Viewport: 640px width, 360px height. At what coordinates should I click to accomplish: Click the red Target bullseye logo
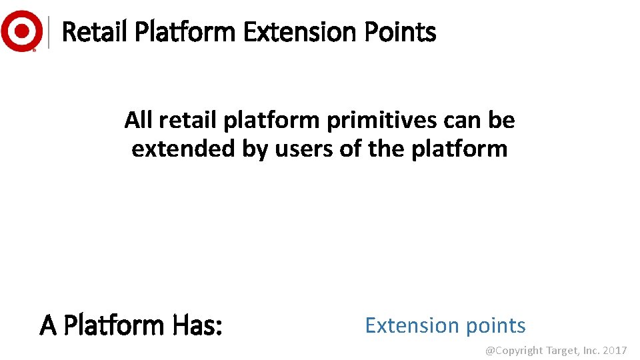[x=22, y=31]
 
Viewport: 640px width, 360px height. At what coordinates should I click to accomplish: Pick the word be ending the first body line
[x=501, y=121]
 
